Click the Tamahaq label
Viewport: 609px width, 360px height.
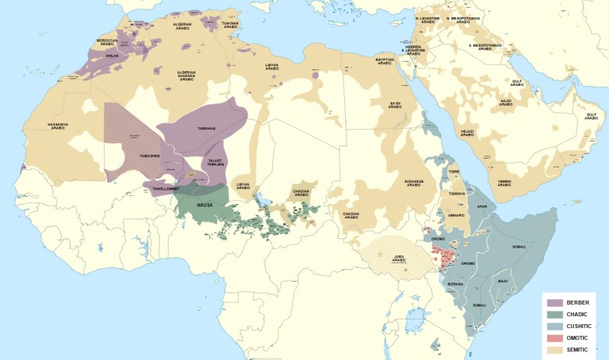[x=207, y=129]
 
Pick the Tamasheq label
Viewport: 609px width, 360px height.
[x=150, y=156]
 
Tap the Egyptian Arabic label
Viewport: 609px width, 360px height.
[x=384, y=61]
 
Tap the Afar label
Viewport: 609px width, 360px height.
[x=482, y=207]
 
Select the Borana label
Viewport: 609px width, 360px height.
[x=455, y=283]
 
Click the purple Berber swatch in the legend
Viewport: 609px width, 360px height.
[x=555, y=302]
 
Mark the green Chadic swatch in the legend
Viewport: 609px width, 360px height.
[x=555, y=314]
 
